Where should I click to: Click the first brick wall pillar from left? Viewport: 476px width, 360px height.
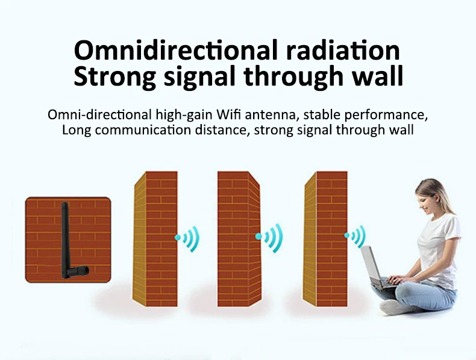click(x=155, y=238)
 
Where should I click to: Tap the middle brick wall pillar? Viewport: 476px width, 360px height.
click(x=239, y=238)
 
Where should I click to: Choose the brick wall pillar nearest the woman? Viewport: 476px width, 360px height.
click(x=325, y=238)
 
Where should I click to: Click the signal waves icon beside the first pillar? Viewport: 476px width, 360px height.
click(x=187, y=238)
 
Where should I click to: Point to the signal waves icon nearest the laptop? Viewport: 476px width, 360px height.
click(x=356, y=237)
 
